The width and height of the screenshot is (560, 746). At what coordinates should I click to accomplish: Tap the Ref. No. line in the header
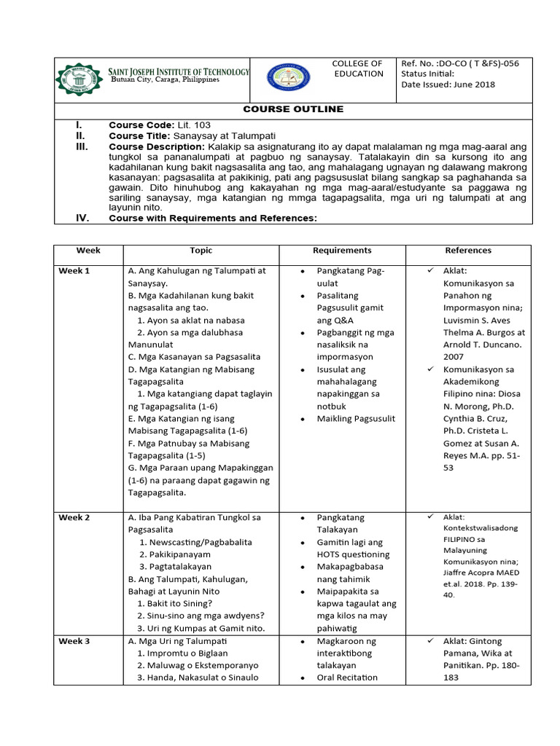[x=460, y=63]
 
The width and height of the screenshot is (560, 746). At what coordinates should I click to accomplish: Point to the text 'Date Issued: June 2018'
[x=448, y=85]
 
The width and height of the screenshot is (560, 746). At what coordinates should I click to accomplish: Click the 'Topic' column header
[x=201, y=251]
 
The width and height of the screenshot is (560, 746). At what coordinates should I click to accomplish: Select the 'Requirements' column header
[x=342, y=251]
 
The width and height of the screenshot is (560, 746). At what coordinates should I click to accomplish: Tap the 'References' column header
[x=468, y=251]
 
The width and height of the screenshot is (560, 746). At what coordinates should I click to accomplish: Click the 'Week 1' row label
[x=74, y=271]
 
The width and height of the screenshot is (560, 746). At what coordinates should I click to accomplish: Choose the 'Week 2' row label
[x=74, y=518]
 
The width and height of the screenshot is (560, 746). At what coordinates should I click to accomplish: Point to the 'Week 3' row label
[x=74, y=641]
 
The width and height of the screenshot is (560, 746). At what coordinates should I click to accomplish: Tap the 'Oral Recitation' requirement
[x=347, y=678]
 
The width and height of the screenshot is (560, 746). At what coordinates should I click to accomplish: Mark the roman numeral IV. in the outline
[x=82, y=218]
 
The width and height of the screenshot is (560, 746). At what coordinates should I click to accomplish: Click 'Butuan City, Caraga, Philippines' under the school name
[x=164, y=80]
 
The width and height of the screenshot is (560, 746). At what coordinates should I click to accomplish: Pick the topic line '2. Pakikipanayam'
[x=179, y=555]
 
